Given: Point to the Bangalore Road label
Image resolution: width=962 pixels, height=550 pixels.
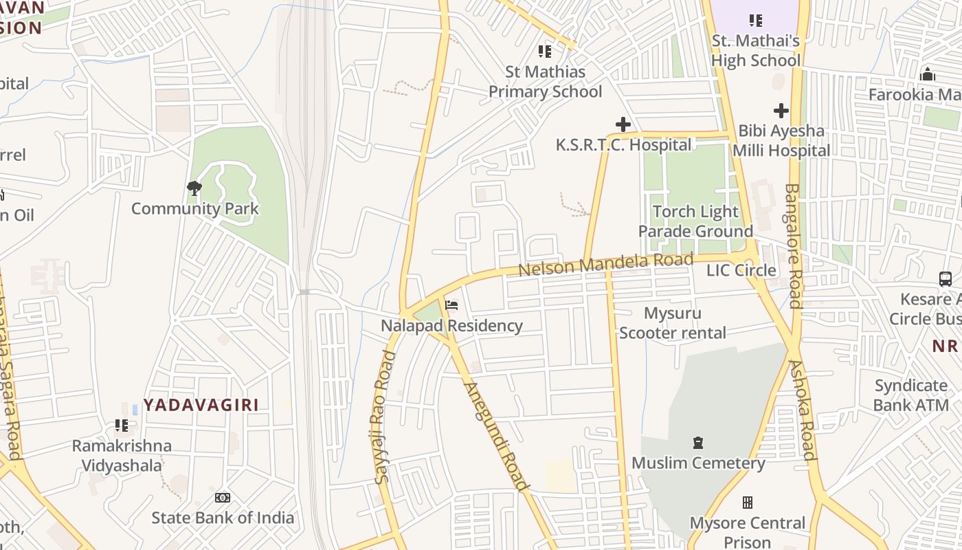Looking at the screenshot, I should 794,245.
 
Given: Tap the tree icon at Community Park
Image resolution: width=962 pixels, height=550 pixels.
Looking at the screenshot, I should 194,188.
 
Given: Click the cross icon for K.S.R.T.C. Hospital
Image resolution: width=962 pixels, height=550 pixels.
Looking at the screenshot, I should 623,124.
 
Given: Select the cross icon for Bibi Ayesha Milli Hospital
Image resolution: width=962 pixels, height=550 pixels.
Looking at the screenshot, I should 781,110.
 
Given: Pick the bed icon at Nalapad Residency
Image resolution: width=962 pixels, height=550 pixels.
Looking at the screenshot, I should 451,305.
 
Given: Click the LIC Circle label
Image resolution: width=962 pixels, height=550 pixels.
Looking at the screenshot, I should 741,270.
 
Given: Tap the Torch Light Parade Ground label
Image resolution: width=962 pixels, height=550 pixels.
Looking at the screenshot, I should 695,221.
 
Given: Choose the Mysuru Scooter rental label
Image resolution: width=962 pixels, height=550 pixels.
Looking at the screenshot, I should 672,323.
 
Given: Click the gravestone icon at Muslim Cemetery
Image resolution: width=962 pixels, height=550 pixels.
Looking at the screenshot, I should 698,442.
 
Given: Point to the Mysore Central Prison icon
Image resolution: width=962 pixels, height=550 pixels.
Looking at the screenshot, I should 748,503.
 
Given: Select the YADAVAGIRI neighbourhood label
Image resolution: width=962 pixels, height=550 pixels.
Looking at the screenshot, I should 201,404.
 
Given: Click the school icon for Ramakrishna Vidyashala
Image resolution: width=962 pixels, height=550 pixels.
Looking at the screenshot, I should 122,426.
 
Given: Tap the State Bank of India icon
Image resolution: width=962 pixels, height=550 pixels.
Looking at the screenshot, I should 223,497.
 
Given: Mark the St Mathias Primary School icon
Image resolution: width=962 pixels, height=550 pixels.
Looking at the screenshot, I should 545,51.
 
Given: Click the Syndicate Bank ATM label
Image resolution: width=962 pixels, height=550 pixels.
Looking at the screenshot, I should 911,395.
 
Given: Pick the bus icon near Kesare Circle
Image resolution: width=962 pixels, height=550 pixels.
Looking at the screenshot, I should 946,278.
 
